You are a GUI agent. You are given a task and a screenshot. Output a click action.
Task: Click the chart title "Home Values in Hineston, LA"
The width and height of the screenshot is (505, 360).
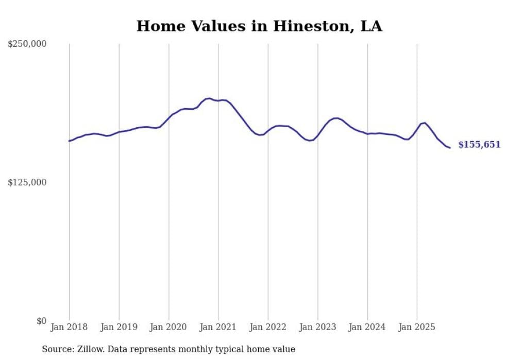[x=259, y=26]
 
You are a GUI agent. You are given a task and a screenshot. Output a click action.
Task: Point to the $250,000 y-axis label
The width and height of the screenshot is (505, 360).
[x=27, y=44]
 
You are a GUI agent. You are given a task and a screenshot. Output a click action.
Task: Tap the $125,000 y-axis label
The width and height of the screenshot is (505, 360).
[x=27, y=182]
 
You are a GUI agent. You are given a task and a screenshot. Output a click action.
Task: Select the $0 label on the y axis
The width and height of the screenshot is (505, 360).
[x=41, y=321]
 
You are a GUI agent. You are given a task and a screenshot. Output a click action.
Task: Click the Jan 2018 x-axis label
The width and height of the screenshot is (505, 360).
[x=69, y=327]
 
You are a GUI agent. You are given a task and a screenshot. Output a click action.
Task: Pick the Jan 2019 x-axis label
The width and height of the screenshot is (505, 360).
[x=119, y=327]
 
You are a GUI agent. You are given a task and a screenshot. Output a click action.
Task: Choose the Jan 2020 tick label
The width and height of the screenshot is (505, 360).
[x=169, y=327]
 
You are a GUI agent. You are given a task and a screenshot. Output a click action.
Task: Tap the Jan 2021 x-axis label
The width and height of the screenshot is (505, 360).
[x=218, y=327]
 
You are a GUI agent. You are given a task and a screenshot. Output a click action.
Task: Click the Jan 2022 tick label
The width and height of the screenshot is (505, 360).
[x=268, y=327]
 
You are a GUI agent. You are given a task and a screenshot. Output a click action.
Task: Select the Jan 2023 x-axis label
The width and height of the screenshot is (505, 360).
[x=317, y=327]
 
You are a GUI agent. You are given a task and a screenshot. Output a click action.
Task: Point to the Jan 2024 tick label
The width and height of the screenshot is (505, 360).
[x=367, y=327]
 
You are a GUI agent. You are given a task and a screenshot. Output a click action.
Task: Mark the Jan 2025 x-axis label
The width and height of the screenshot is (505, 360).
[x=417, y=327]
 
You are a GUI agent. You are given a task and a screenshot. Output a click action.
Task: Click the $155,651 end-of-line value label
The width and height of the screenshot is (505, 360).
[x=479, y=145]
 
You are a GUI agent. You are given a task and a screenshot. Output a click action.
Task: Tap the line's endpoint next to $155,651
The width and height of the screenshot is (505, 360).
[x=450, y=148]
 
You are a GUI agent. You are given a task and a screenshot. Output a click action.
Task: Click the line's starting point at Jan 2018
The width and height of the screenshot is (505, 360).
[x=69, y=141]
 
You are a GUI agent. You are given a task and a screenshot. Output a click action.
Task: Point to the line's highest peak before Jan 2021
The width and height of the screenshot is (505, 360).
[x=209, y=98]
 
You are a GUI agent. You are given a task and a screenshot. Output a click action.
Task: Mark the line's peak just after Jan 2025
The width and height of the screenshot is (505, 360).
[x=424, y=123]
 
